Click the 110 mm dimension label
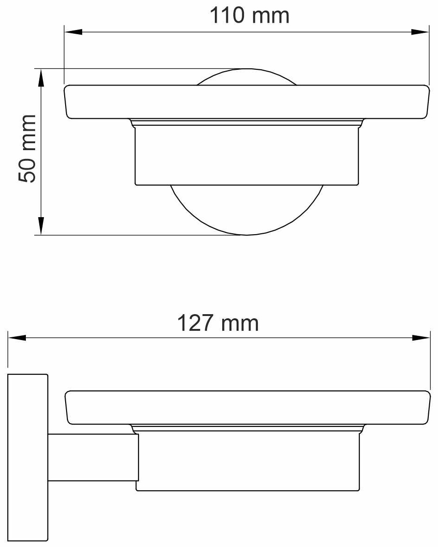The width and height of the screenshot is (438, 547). (249, 15)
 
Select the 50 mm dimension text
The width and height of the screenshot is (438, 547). (27, 149)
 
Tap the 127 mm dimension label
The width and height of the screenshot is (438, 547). (218, 323)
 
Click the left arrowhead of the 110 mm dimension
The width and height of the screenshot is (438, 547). (73, 32)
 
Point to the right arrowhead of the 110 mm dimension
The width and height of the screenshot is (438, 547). (420, 32)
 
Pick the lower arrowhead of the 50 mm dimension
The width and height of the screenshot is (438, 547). (41, 226)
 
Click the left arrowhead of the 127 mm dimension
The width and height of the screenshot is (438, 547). (17, 338)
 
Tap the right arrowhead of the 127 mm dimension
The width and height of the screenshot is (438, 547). (421, 338)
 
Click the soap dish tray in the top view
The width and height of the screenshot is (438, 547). (246, 102)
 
